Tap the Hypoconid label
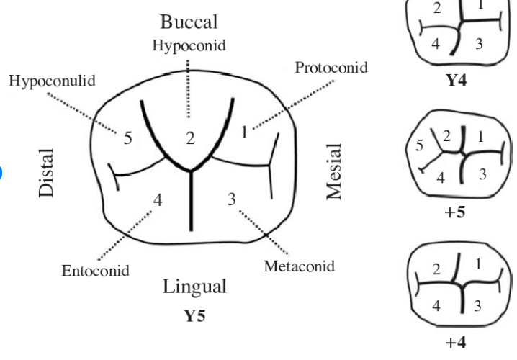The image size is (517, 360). click(189, 45)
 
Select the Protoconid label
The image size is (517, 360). click(331, 67)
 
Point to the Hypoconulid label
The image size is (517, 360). click(52, 79)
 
